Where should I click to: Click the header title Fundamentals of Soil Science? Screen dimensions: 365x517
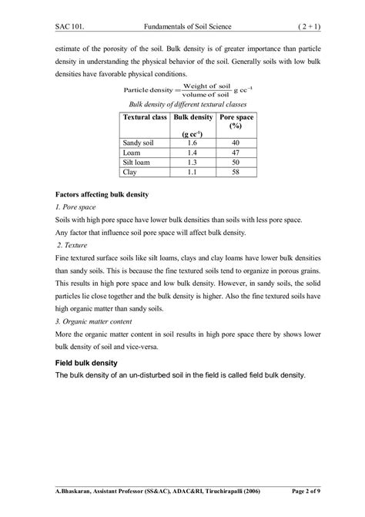[182, 27]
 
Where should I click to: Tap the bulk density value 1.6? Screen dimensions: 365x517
[192, 143]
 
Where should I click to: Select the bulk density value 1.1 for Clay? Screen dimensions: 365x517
[192, 173]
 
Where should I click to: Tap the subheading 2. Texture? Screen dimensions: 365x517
[76, 245]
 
